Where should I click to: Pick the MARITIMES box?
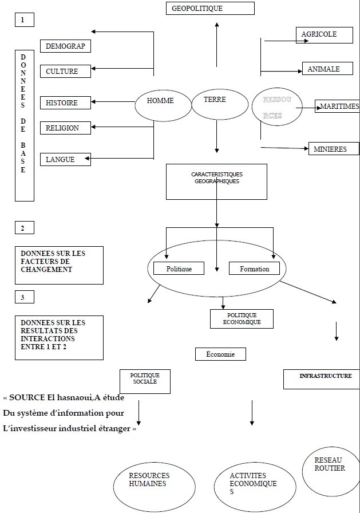point(338,106)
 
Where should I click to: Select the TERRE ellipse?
point(217,103)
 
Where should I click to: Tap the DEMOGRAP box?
point(66,46)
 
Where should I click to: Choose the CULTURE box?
point(66,72)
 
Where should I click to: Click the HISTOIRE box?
point(66,103)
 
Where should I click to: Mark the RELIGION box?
point(66,128)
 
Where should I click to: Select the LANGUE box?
point(65,160)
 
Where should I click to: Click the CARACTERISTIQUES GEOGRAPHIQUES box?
point(216,181)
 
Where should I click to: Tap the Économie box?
point(220,354)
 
